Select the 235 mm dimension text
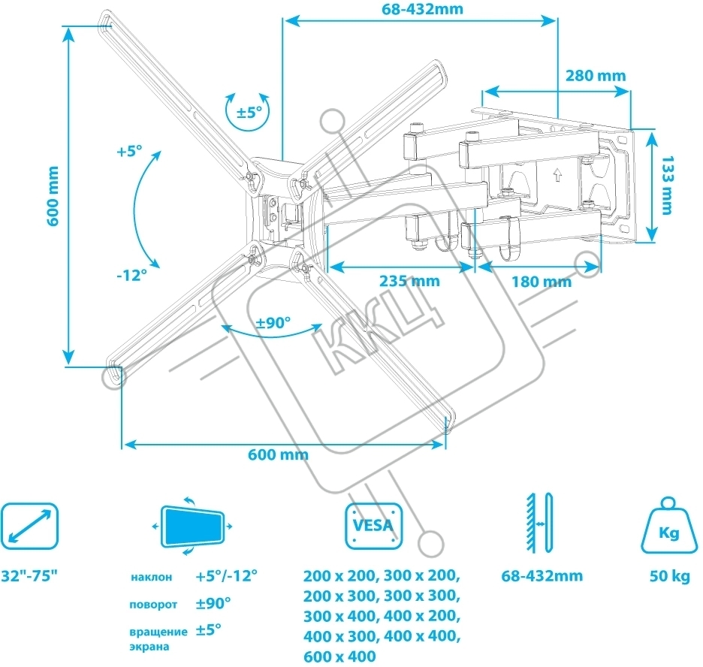tap(409, 282)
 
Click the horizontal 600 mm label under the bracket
tap(279, 455)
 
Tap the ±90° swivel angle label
tap(273, 323)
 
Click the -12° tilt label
tap(131, 275)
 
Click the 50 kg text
tap(669, 577)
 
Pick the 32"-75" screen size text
tap(29, 577)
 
